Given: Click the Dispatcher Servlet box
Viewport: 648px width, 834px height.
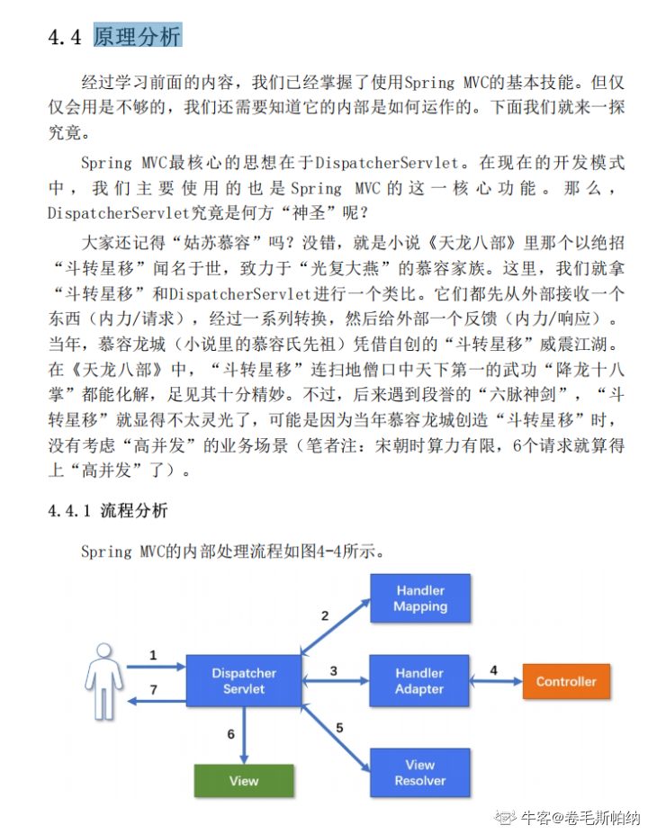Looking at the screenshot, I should point(244,681).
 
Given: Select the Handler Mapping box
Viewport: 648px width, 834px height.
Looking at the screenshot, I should point(419,598).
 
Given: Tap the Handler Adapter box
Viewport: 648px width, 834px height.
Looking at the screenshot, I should point(419,681).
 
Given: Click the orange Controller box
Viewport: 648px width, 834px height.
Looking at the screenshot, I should point(566,681).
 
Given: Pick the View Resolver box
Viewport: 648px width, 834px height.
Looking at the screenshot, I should point(419,773).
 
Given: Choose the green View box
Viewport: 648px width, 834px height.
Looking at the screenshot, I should point(244,780).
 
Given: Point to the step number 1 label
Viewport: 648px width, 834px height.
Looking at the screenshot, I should point(153,655).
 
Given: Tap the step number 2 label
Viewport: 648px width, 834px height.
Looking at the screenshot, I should point(325,616).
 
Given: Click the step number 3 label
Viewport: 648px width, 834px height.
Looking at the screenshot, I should point(333,670).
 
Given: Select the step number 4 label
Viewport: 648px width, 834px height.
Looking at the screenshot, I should point(493,670).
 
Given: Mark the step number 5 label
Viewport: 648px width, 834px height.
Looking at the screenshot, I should point(339,727).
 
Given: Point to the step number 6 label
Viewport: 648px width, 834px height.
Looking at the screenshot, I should point(230,734).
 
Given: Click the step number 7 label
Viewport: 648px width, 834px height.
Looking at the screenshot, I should point(153,690).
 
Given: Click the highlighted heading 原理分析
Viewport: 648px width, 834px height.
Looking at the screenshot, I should point(137,37).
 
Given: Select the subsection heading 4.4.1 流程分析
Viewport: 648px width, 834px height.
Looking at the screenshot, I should point(108,511).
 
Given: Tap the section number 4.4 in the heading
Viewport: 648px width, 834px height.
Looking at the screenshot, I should point(65,37).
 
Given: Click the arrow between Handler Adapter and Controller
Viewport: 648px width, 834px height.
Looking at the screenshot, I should point(497,682).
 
